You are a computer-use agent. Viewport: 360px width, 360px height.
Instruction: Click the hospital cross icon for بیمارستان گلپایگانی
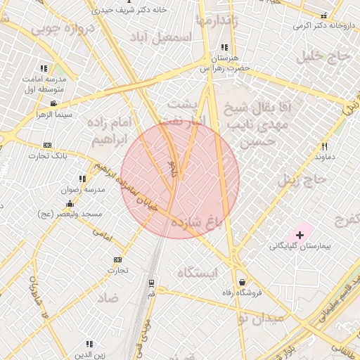click(x=300, y=234)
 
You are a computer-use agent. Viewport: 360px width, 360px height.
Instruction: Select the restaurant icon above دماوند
click(x=324, y=146)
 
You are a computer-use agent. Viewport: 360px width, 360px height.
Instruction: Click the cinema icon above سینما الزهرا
click(x=53, y=103)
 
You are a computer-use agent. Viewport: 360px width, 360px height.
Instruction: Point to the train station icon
click(x=151, y=283)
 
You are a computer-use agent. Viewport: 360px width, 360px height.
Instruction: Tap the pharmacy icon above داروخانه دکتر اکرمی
click(x=323, y=15)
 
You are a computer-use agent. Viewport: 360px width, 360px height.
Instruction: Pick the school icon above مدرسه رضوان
click(x=82, y=179)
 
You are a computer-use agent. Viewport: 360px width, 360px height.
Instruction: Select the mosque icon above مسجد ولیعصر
click(x=70, y=203)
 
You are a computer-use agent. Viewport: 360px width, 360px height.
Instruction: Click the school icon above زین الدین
click(x=89, y=344)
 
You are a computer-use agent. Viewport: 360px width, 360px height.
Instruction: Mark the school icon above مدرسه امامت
click(x=44, y=68)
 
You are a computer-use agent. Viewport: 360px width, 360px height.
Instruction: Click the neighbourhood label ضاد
click(x=107, y=298)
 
